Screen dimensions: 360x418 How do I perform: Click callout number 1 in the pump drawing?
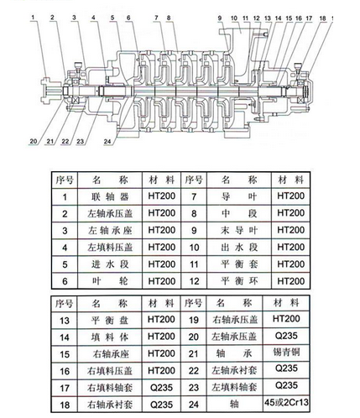[x=33, y=18]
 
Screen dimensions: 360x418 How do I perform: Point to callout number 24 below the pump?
[x=107, y=142]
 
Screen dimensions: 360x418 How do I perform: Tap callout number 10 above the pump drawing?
[x=234, y=18]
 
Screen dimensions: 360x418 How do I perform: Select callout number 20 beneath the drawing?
[x=34, y=141]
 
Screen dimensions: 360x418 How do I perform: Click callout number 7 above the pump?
[x=157, y=18]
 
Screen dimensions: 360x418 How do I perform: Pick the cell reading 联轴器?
[x=110, y=196]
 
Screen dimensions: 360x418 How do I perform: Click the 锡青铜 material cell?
[x=286, y=352]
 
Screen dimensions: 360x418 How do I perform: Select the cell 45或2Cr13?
[x=286, y=402]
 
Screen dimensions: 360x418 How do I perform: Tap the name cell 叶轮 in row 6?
[x=110, y=281]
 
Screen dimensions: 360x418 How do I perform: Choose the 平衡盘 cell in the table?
[x=110, y=320]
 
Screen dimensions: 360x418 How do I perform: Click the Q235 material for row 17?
[x=161, y=388]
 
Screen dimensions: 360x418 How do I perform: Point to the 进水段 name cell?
[x=110, y=264]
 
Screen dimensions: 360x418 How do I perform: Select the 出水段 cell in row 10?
[x=239, y=247]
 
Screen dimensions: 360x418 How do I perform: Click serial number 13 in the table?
[x=65, y=321]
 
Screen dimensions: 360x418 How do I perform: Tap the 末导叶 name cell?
[x=239, y=230]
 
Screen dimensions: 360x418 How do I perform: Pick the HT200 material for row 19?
[x=286, y=319]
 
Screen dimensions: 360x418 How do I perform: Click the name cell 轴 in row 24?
[x=234, y=404]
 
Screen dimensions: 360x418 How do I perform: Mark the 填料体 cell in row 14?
[x=110, y=337]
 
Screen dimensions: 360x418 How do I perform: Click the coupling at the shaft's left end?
[x=50, y=91]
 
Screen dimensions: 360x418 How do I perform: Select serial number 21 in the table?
[x=193, y=354]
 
